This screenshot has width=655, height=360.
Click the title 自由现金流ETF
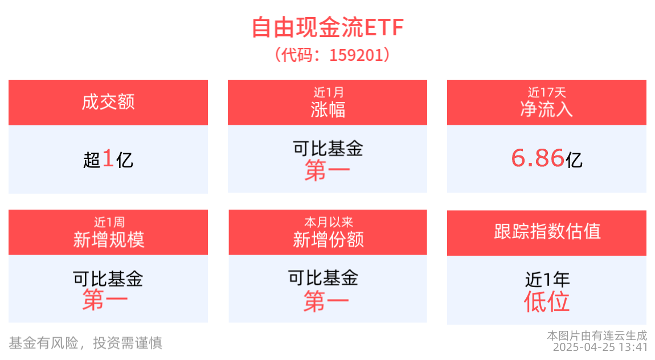pos(327,28)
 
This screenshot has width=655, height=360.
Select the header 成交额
pos(108,103)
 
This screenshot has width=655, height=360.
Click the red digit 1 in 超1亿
pos(108,159)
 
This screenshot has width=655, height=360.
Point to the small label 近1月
pos(328,92)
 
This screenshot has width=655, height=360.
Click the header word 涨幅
pos(328,109)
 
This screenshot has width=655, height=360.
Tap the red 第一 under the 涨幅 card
pos(327,171)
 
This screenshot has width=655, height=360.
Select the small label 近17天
pos(547,92)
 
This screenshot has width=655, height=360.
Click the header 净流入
pos(547,109)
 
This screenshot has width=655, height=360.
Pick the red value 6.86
pos(538,158)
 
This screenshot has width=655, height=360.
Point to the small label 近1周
pos(109,222)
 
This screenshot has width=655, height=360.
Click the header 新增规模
pos(109,240)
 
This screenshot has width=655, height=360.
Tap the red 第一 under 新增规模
pos(105,300)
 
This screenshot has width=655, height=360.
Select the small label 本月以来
pos(328,222)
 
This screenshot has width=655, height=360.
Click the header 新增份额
pos(328,240)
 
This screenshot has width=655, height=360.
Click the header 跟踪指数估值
pos(547,232)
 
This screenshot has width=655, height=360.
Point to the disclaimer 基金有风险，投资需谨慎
pos(85,343)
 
